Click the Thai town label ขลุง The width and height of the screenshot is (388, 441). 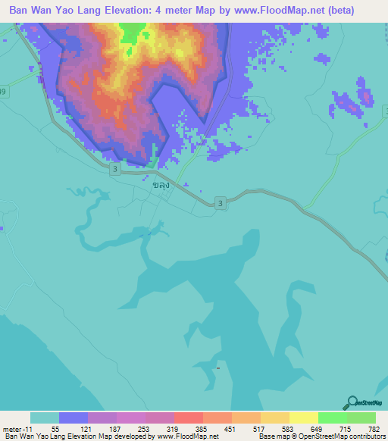click(x=160, y=184)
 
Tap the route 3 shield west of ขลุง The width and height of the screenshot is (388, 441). click(x=114, y=170)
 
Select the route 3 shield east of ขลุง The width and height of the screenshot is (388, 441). click(x=220, y=203)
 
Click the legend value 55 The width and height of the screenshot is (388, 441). click(x=55, y=429)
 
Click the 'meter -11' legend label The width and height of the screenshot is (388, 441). click(x=16, y=429)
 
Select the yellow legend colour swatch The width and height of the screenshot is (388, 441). click(x=303, y=418)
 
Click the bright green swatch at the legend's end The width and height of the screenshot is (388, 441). click(x=361, y=418)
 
